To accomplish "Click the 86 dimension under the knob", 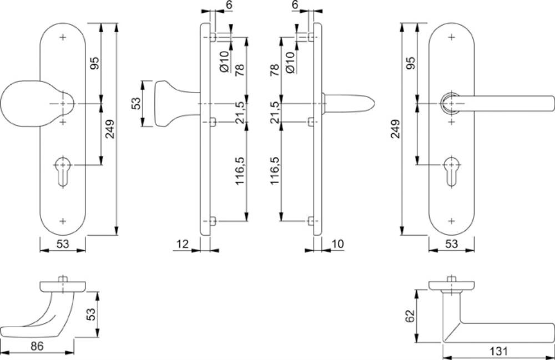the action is pos(37,346).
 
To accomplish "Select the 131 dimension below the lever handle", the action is pos(498,351).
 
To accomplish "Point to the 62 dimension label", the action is pos(410,316).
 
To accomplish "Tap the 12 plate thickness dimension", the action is pos(182,244).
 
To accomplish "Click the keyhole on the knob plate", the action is pos(63,171).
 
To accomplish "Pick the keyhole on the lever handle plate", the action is pos(451,171).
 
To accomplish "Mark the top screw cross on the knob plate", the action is pos(63,37).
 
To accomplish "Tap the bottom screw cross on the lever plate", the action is pos(451,221).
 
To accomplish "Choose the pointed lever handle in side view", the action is pos(349,103).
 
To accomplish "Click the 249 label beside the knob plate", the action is pos(110,129).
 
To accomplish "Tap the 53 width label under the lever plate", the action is pos(451,244).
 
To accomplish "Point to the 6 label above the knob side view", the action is pos(229,5).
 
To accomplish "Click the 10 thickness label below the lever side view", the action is pos(337,244).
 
